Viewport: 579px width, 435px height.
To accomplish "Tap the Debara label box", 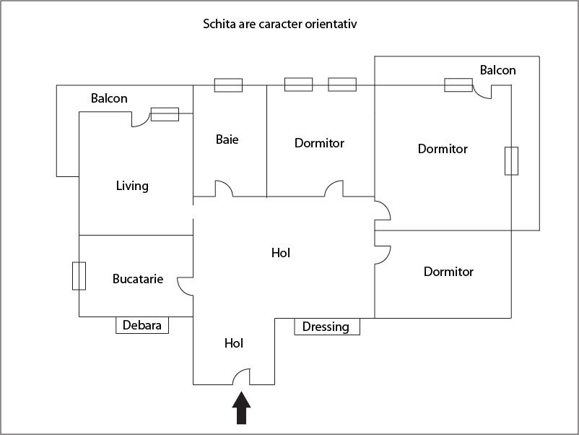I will pyautogui.click(x=142, y=326).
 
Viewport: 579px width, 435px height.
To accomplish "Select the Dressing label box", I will pyautogui.click(x=326, y=327).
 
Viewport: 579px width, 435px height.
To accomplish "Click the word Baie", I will pyautogui.click(x=227, y=139).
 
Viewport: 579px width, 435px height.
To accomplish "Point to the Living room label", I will pyautogui.click(x=132, y=186).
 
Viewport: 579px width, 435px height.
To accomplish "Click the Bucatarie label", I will pyautogui.click(x=138, y=278).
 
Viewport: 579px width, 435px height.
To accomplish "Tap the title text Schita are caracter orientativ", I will pyautogui.click(x=280, y=24).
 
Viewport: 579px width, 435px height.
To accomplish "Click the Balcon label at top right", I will pyautogui.click(x=497, y=70).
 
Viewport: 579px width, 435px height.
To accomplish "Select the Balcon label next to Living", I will pyautogui.click(x=109, y=98).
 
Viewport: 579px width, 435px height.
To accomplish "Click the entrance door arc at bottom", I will pyautogui.click(x=240, y=376).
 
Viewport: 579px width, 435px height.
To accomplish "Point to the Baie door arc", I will pyautogui.click(x=223, y=188).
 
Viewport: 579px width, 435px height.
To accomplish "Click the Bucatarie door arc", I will pyautogui.click(x=186, y=286).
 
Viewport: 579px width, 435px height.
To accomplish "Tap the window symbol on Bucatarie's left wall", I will pyautogui.click(x=79, y=276).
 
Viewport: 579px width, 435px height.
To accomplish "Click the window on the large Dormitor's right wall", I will pyautogui.click(x=511, y=160).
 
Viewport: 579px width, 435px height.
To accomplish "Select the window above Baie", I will pyautogui.click(x=228, y=85).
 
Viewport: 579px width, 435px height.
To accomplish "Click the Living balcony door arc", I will pyautogui.click(x=140, y=121).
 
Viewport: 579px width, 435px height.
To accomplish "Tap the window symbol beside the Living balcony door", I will pyautogui.click(x=165, y=113).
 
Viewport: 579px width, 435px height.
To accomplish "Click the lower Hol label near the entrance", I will pyautogui.click(x=234, y=343).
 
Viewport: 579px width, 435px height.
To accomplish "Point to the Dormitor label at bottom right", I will pyautogui.click(x=448, y=272).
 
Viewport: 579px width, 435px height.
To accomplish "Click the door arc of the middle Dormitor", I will pyautogui.click(x=334, y=188).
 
